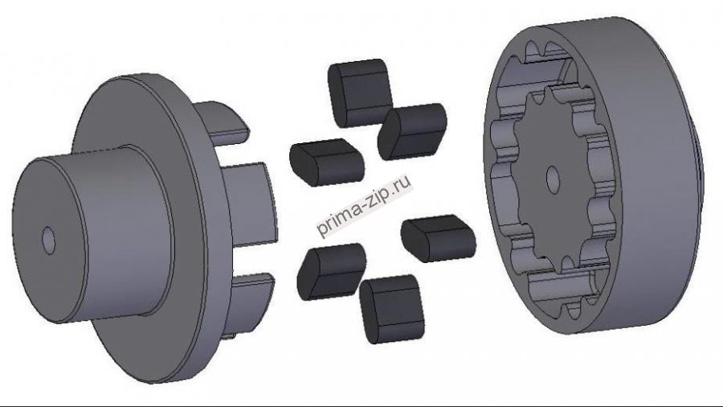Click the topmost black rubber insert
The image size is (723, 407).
coord(360,92)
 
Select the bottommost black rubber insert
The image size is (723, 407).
coord(391,309)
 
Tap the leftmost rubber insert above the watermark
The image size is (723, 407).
coord(326,162)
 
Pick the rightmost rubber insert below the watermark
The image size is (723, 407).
coord(438,238)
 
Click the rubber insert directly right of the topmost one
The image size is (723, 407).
coord(412,132)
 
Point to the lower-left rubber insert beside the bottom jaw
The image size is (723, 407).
coord(332,272)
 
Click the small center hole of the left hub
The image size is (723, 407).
coord(48,240)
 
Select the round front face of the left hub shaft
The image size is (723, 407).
coord(49,240)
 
